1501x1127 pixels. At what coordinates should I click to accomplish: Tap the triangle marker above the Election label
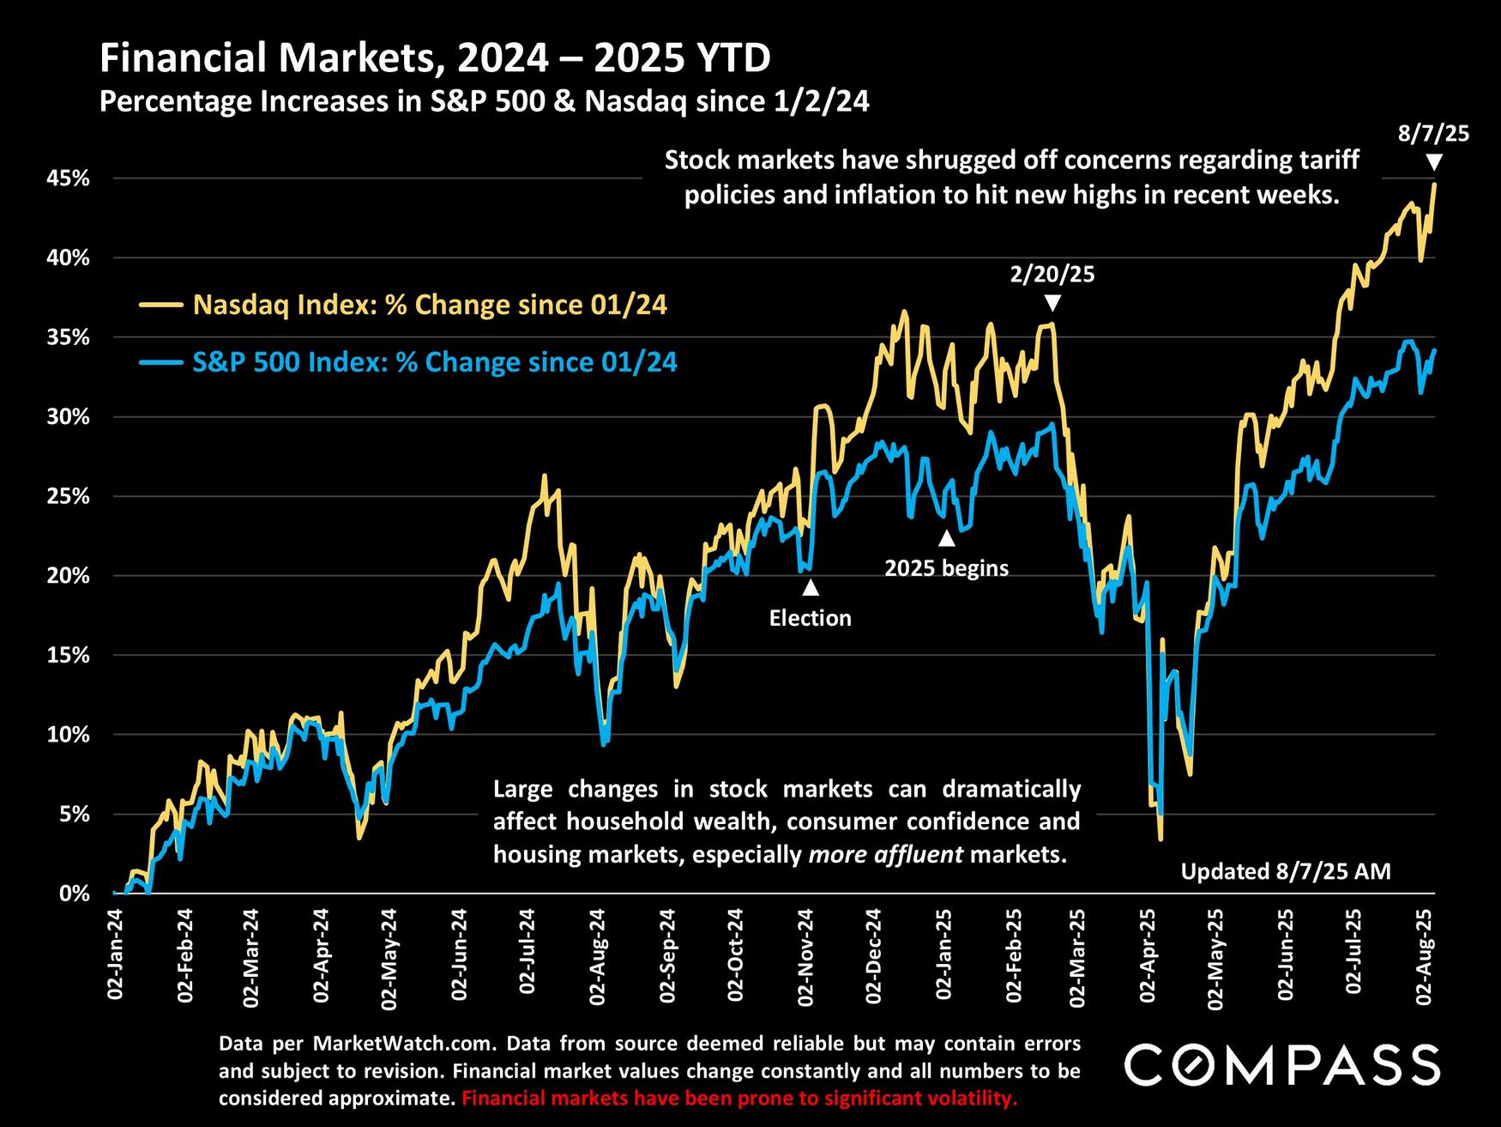(810, 588)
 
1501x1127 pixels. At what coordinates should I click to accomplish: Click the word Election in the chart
(810, 618)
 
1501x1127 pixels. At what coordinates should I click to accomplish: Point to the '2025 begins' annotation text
(946, 568)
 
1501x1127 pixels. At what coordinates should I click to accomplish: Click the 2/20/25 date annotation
(1052, 275)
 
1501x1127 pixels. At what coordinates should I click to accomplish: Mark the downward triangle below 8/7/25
(1433, 161)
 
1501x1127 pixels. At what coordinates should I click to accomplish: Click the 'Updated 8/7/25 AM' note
(1286, 871)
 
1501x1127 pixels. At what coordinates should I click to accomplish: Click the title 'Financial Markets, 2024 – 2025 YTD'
(435, 58)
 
